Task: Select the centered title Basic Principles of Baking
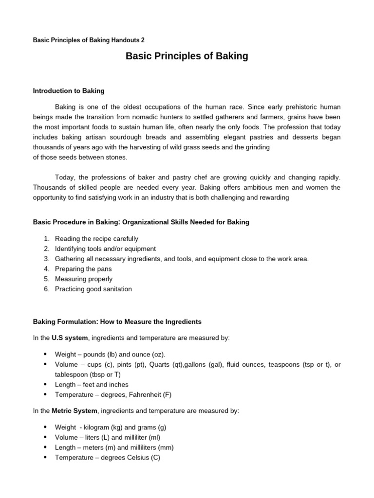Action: [x=187, y=56]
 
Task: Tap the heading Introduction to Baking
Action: [x=69, y=90]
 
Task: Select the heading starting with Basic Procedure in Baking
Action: [x=141, y=222]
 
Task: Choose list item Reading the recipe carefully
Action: [x=96, y=239]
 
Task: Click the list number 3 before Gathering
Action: [x=46, y=259]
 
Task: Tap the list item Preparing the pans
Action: [x=83, y=269]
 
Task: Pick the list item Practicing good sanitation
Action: [x=93, y=289]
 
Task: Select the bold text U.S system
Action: [x=70, y=338]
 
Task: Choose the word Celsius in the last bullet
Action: [x=138, y=458]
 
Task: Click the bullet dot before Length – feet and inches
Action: [x=45, y=384]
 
